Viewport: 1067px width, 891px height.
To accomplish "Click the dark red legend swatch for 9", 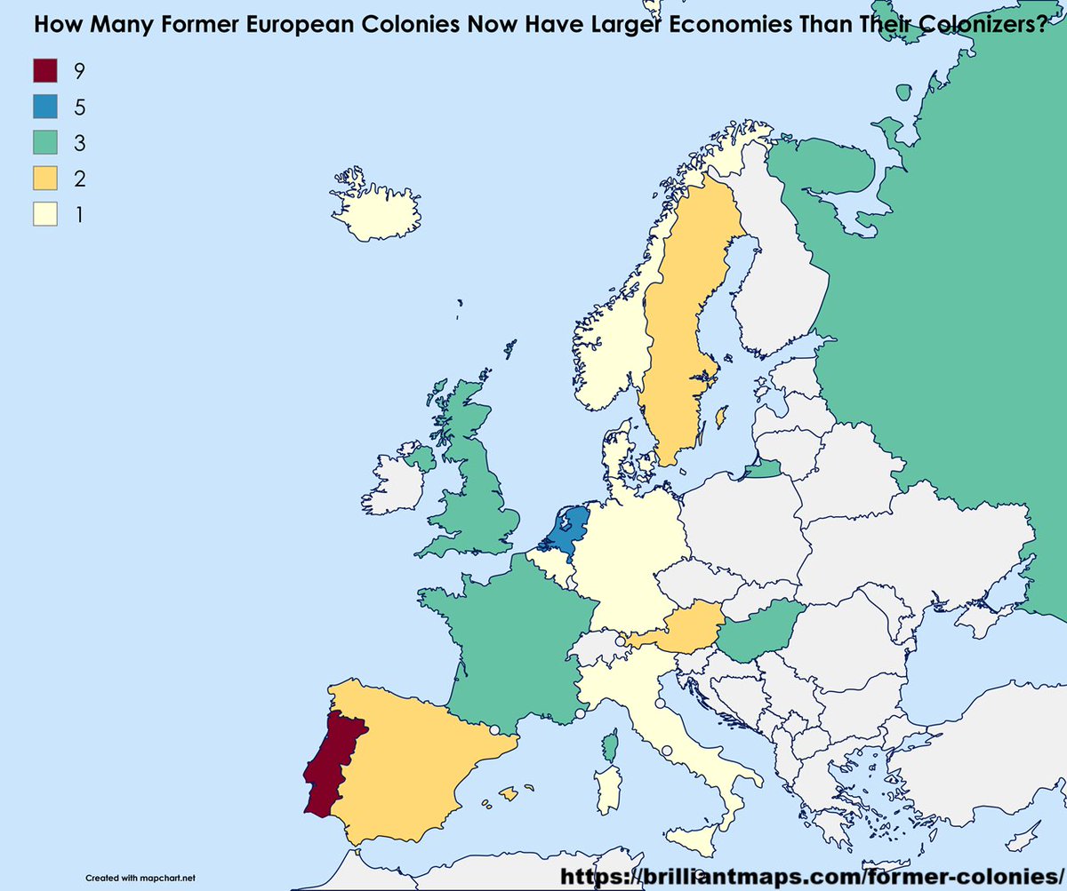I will click(x=45, y=69).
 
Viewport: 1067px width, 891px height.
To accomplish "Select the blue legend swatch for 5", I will click(x=45, y=106).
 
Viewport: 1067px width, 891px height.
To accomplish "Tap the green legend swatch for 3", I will click(x=45, y=142).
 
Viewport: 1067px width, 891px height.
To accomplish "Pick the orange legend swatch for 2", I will click(x=45, y=179).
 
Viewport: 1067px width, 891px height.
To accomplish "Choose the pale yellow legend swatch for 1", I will click(x=45, y=215).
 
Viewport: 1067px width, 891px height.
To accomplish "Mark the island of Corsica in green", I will click(x=610, y=745).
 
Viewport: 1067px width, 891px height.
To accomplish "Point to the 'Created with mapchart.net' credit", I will click(x=140, y=877).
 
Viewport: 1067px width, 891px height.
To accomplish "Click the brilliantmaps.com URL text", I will click(x=810, y=875).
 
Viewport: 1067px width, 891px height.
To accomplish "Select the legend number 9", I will click(x=79, y=69).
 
